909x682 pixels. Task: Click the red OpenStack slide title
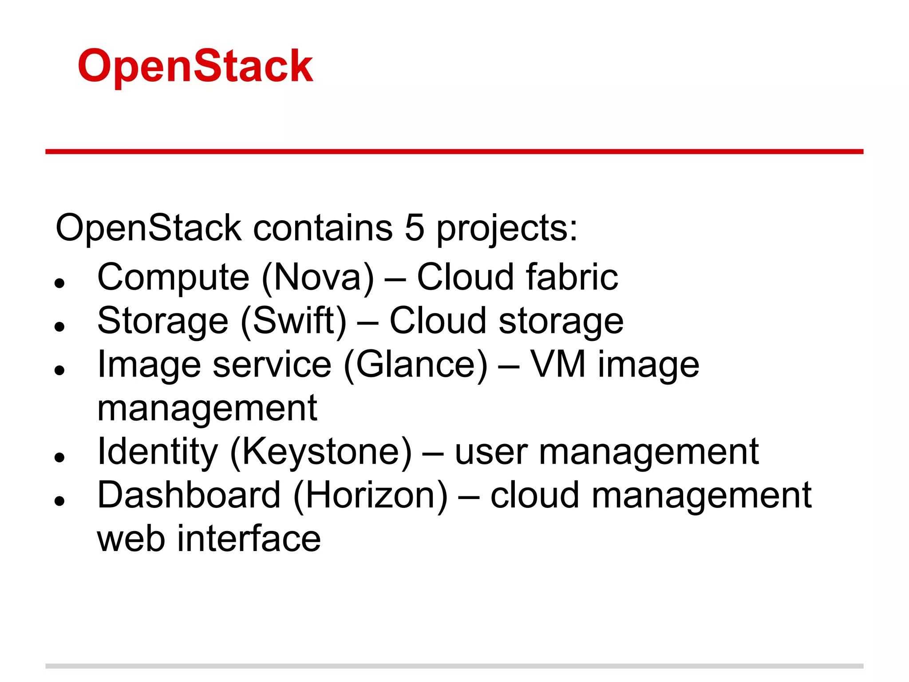195,67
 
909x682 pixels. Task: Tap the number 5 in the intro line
414,228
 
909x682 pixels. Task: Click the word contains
323,228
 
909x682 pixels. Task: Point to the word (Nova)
318,278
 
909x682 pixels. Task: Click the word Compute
173,278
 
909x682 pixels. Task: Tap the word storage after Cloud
561,321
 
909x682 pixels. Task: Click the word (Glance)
415,365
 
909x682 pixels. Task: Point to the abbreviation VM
558,364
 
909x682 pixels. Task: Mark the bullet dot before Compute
59,283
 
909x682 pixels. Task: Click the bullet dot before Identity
59,457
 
